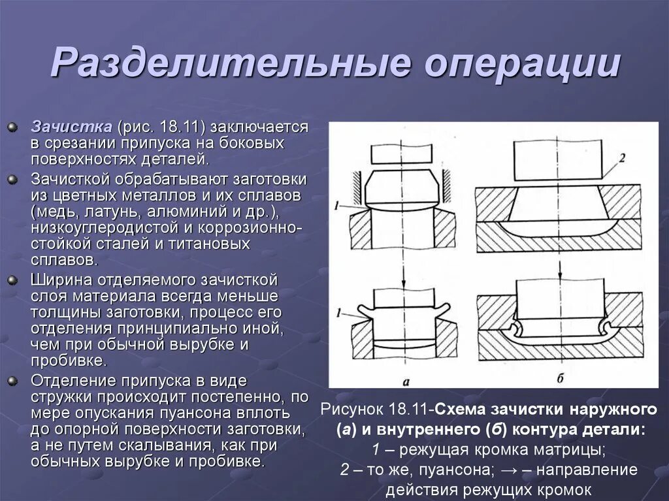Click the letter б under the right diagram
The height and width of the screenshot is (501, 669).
click(559, 378)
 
